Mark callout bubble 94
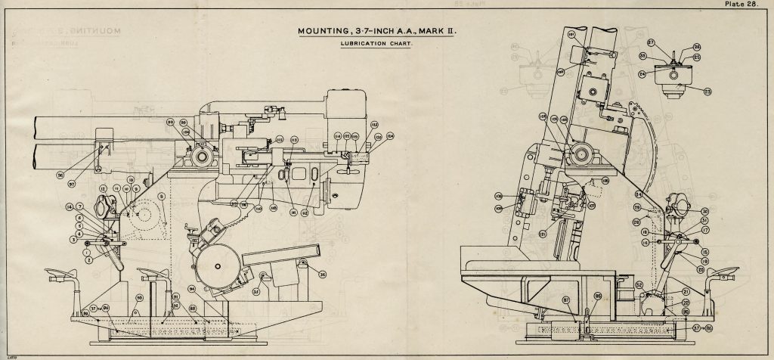[x=192, y=288]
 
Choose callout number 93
[x=138, y=298]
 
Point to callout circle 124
[x=390, y=137]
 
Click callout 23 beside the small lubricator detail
[x=708, y=92]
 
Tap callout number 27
[x=650, y=43]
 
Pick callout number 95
[x=597, y=296]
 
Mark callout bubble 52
[x=639, y=285]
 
